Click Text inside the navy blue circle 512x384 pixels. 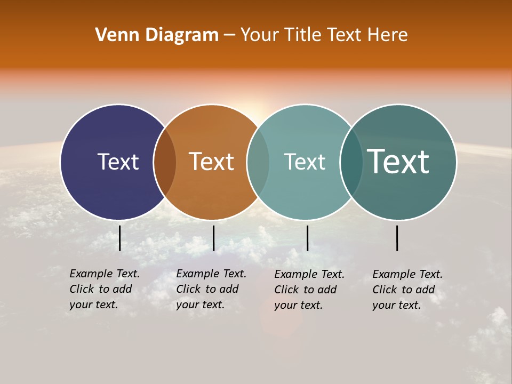coord(118,162)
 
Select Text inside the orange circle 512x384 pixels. coord(212,162)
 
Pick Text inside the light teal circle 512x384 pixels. coord(305,162)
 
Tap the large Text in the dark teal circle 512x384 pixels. coord(398,162)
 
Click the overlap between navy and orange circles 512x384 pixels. coord(165,162)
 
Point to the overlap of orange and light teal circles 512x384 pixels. coord(258,162)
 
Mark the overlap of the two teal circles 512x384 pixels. coord(351,162)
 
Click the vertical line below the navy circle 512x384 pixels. coord(120,238)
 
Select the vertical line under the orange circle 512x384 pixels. coord(213,238)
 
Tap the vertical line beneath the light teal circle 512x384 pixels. coord(307,238)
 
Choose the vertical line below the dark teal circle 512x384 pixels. coord(397,238)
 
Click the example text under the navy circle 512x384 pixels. coord(105,289)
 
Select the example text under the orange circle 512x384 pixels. coord(211,289)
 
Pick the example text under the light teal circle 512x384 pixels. coord(309,290)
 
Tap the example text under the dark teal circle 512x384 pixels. coord(407,290)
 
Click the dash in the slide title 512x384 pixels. coord(229,36)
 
